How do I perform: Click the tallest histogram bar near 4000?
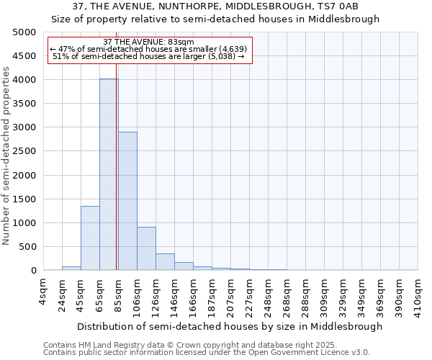[x=109, y=174]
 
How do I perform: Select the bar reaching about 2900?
[x=127, y=201]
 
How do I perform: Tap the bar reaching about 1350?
[x=90, y=238]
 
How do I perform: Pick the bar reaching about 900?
[x=146, y=248]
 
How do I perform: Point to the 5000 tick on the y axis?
[x=24, y=32]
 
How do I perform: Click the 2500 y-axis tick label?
[x=24, y=151]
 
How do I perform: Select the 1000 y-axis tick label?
[x=24, y=223]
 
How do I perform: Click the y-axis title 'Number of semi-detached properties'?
[x=6, y=156]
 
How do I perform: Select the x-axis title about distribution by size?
[x=230, y=326]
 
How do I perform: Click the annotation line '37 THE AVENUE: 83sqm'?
[x=149, y=42]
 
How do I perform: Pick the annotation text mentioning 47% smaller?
[x=149, y=49]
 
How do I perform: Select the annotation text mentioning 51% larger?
[x=149, y=57]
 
